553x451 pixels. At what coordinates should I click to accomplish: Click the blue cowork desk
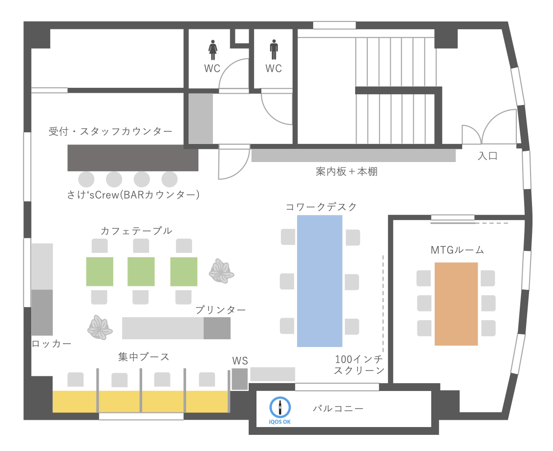(x=319, y=281)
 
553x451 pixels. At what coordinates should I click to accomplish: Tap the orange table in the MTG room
(x=456, y=304)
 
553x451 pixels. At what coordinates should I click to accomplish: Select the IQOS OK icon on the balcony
(x=280, y=410)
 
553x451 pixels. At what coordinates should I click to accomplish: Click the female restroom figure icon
(x=213, y=50)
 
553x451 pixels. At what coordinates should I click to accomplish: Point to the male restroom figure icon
(x=274, y=50)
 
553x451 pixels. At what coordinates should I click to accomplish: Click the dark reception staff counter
(x=133, y=158)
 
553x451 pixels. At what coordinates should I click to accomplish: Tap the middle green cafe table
(x=141, y=271)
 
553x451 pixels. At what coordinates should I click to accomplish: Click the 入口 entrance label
(x=488, y=156)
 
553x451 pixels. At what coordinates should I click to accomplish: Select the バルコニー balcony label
(x=338, y=409)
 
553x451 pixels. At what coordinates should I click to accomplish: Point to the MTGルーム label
(x=457, y=250)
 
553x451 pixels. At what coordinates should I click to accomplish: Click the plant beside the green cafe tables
(x=221, y=271)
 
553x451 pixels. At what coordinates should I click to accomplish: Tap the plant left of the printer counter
(x=100, y=328)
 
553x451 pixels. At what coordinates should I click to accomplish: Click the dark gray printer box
(x=217, y=328)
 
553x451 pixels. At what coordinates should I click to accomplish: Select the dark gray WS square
(x=240, y=379)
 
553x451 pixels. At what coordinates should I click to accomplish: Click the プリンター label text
(x=220, y=310)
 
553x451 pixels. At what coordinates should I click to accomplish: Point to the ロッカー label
(x=51, y=344)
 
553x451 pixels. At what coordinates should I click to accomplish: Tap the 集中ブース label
(x=144, y=357)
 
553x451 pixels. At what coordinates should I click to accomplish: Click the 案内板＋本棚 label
(x=346, y=172)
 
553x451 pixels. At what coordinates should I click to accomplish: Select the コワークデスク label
(x=321, y=207)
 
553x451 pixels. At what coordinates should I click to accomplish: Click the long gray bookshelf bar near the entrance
(x=353, y=155)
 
